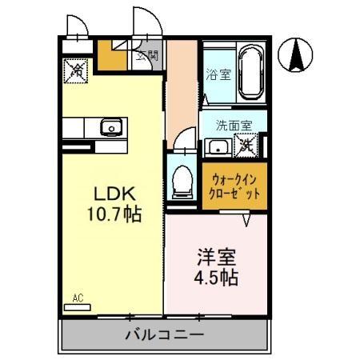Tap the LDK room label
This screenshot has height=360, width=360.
tap(118, 194)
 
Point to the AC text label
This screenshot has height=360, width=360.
tap(78, 298)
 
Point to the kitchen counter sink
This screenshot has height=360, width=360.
tap(110, 126)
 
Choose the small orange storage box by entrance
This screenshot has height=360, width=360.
tap(111, 57)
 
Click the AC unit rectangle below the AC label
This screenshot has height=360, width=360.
tap(78, 306)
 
